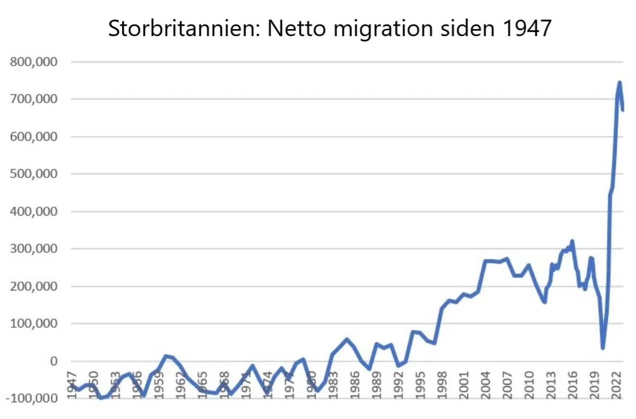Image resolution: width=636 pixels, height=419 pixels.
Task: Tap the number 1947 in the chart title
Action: click(x=527, y=29)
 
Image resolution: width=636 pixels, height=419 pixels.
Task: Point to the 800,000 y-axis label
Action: click(x=34, y=62)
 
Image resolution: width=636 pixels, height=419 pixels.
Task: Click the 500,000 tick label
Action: click(x=34, y=174)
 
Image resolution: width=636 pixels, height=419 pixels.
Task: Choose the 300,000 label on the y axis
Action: click(x=34, y=249)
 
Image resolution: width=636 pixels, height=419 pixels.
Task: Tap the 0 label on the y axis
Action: click(x=54, y=361)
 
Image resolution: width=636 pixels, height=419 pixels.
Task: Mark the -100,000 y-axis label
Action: click(x=32, y=398)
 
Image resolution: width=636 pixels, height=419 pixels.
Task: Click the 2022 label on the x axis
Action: click(x=617, y=385)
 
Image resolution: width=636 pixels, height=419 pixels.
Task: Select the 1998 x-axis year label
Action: click(x=443, y=385)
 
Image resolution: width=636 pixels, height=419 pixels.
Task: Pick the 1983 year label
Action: click(x=333, y=385)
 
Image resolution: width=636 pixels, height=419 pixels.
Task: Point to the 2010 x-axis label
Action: click(x=530, y=385)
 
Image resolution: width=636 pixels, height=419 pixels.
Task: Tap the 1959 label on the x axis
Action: click(x=159, y=385)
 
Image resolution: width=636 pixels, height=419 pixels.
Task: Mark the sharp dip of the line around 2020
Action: click(x=603, y=347)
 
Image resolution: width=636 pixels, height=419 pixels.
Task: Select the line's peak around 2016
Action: click(x=572, y=242)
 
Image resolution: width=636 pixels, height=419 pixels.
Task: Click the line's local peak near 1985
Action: click(x=347, y=339)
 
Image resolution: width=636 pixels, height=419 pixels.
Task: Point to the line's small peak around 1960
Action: click(x=166, y=356)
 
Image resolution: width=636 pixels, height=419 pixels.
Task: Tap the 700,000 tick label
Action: click(x=34, y=99)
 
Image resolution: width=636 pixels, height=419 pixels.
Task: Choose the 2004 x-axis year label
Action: click(x=486, y=385)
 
